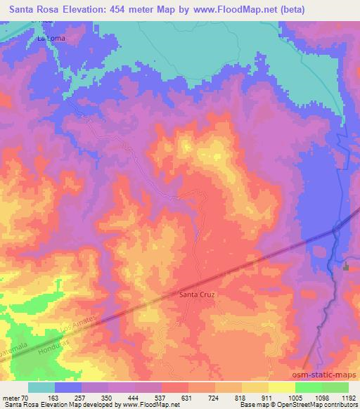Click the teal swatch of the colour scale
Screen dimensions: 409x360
click(41, 387)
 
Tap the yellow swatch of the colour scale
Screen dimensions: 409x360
click(281, 387)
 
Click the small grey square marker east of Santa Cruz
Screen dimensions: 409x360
click(346, 266)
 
